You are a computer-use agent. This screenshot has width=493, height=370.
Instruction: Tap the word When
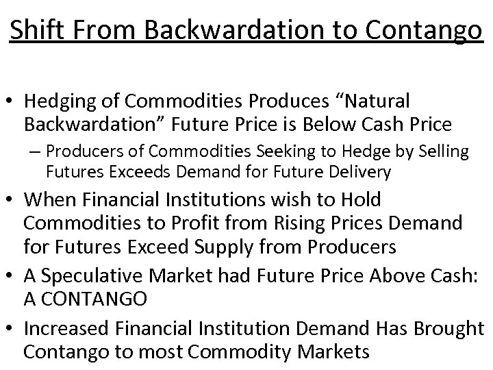click(x=50, y=200)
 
